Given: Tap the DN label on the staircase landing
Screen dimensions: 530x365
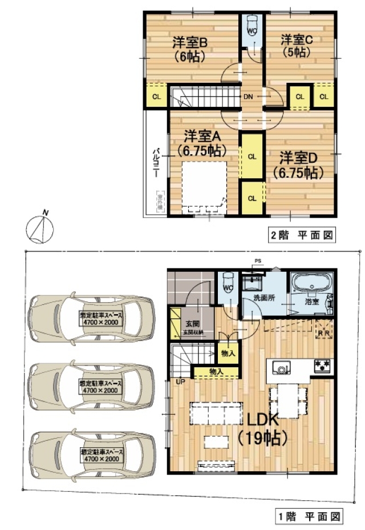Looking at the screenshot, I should [249, 97].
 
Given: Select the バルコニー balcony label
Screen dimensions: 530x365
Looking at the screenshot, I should [155, 166].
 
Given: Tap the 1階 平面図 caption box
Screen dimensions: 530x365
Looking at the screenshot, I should [310, 517].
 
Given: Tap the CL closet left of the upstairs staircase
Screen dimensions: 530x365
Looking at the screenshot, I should [156, 95].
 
